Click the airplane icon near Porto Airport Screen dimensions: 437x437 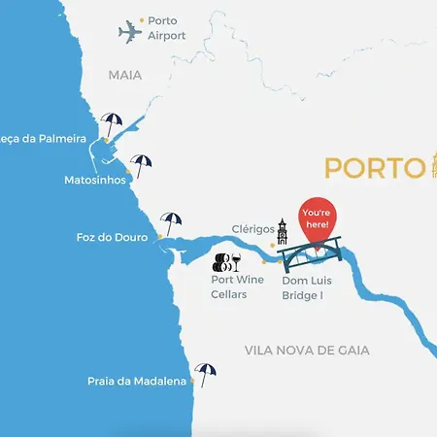click(129, 32)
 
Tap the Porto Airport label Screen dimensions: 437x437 click(166, 27)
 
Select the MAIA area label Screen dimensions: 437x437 click(124, 74)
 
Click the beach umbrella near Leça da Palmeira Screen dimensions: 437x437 click(113, 125)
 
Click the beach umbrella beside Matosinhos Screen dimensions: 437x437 click(143, 164)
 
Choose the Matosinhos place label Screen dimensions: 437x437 click(93, 180)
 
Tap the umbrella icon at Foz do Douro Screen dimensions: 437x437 click(171, 222)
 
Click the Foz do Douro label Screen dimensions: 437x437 click(112, 237)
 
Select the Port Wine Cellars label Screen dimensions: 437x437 click(237, 286)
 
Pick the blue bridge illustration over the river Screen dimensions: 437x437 click(310, 252)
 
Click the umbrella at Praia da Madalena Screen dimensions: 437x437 click(205, 373)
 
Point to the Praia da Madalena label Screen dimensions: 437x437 click(136, 382)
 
